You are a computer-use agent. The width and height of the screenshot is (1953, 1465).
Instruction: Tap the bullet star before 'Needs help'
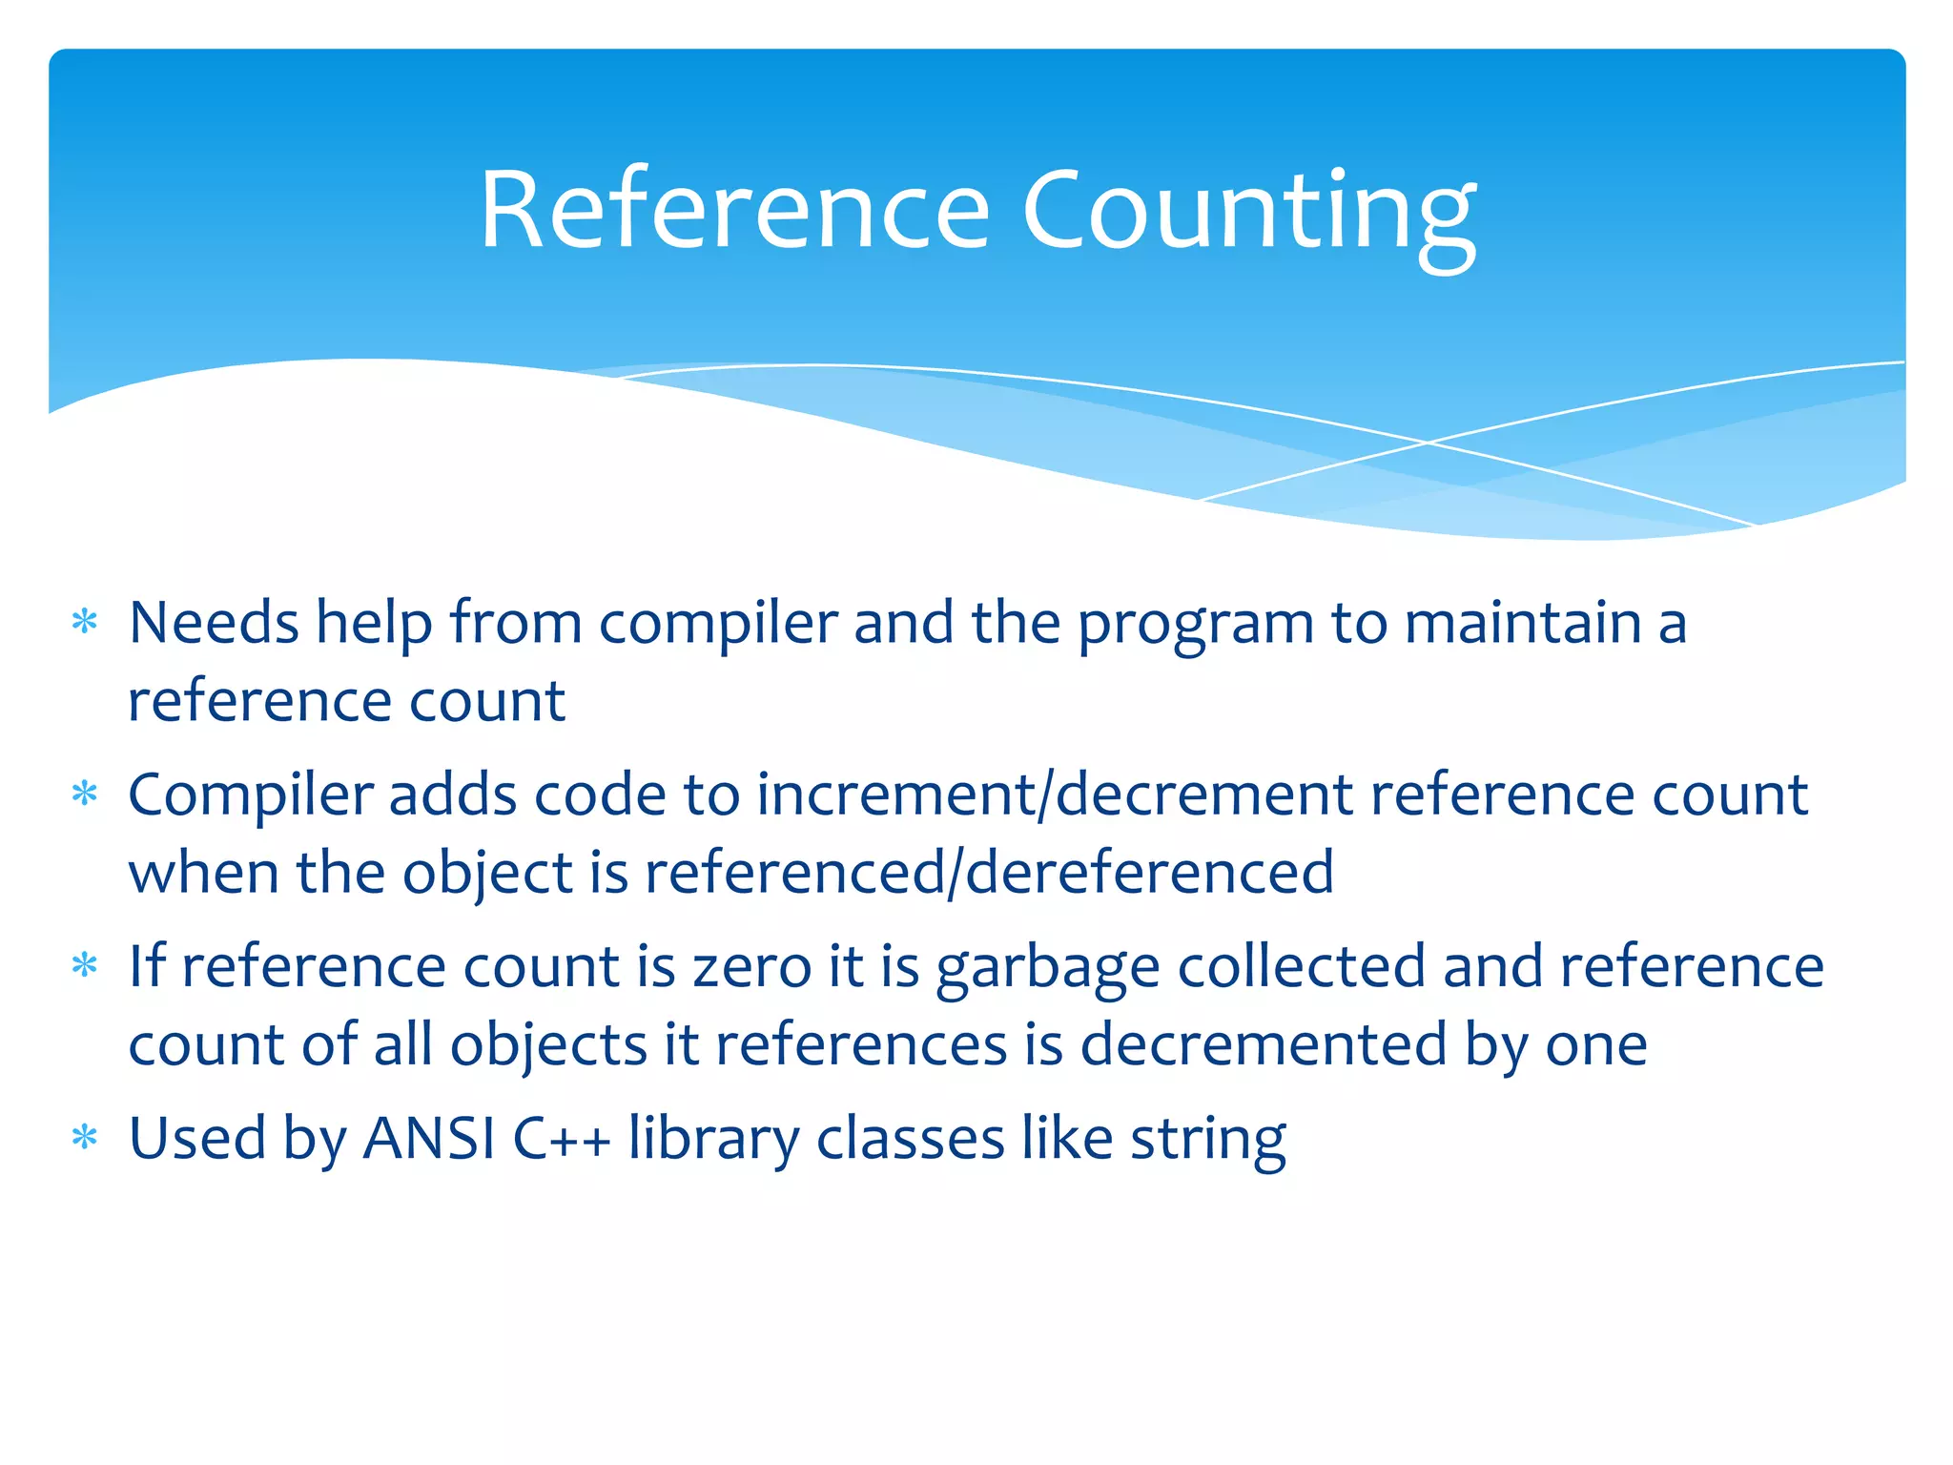[x=85, y=623]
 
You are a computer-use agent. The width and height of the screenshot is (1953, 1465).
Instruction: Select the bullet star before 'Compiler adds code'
[x=85, y=794]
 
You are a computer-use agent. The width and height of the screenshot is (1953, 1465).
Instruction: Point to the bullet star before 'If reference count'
[x=85, y=965]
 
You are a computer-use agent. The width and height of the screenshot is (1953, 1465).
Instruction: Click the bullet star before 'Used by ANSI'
[x=85, y=1138]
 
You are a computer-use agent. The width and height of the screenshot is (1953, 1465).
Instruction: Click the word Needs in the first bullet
[x=215, y=623]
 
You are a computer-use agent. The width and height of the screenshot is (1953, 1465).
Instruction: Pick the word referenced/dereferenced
[x=989, y=872]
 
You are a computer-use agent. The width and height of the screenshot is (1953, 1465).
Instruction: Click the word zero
[x=751, y=967]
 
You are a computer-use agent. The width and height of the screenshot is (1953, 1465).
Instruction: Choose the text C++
[x=561, y=1138]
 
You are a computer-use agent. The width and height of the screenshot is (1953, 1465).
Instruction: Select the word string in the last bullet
[x=1208, y=1140]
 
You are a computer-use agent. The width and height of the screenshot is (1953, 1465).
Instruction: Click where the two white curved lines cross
[x=1428, y=443]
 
